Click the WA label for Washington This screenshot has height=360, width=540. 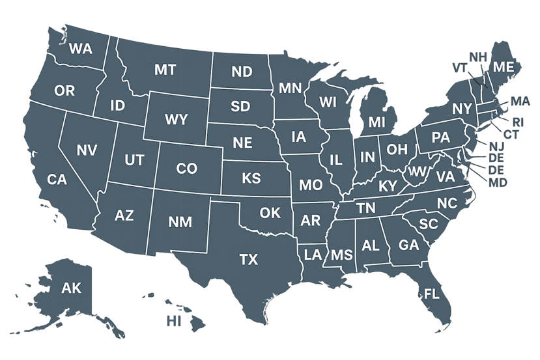[79, 49]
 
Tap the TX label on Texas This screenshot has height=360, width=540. [248, 260]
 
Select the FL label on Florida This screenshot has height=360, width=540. [432, 293]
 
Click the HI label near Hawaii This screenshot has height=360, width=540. [174, 321]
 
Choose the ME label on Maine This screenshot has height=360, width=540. [502, 67]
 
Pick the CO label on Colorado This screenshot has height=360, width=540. [186, 169]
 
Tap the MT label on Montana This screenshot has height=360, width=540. [165, 70]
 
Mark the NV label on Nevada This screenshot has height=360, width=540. [87, 150]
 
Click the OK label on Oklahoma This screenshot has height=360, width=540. [270, 213]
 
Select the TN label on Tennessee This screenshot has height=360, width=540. [367, 208]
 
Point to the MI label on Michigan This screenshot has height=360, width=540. [377, 122]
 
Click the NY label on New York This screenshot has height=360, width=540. [462, 108]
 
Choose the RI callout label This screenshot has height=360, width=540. [518, 122]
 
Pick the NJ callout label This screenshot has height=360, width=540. [496, 146]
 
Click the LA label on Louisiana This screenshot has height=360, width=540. [313, 254]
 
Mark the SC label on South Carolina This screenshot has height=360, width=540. [428, 224]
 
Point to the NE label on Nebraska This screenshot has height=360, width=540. [242, 142]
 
